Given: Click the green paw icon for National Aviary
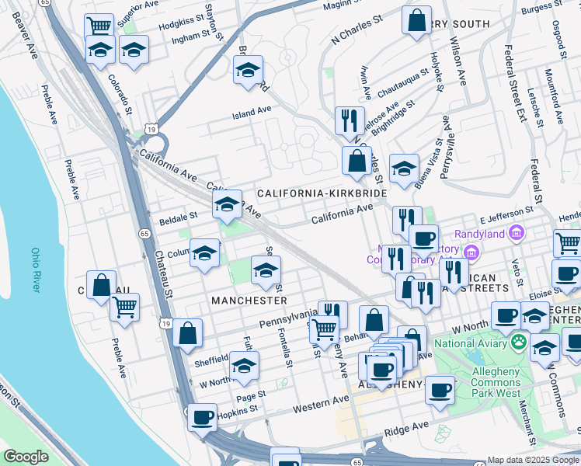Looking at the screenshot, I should point(517,342).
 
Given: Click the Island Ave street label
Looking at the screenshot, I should point(252,112).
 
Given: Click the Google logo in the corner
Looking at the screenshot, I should point(26,457).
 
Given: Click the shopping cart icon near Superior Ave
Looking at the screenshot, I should point(99,26).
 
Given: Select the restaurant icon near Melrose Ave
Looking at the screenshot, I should point(349,120).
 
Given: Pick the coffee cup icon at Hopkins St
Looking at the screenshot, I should point(203,417).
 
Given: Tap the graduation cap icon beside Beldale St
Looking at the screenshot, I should point(227,205).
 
